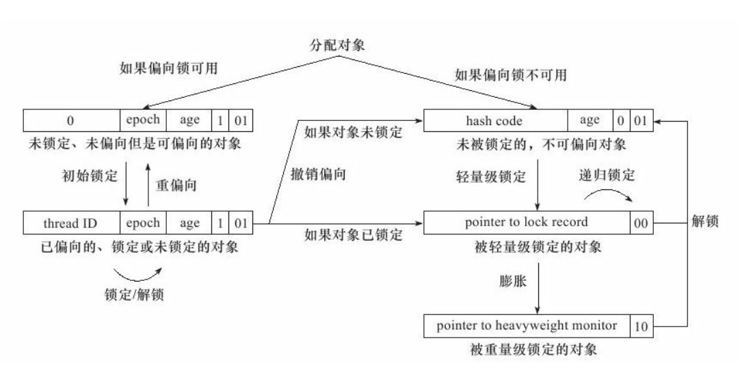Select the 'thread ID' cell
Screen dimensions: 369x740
click(x=71, y=223)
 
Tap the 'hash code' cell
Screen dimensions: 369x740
click(x=496, y=121)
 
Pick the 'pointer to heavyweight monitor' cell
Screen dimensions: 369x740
click(x=526, y=326)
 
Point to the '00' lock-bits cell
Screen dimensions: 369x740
click(x=642, y=223)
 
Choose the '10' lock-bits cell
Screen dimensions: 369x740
click(x=642, y=327)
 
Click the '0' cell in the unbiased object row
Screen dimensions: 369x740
click(x=71, y=121)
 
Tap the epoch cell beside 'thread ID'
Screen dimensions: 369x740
click(x=143, y=223)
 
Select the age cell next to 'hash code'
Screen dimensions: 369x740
click(x=589, y=121)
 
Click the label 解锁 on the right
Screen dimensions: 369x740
click(x=705, y=223)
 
